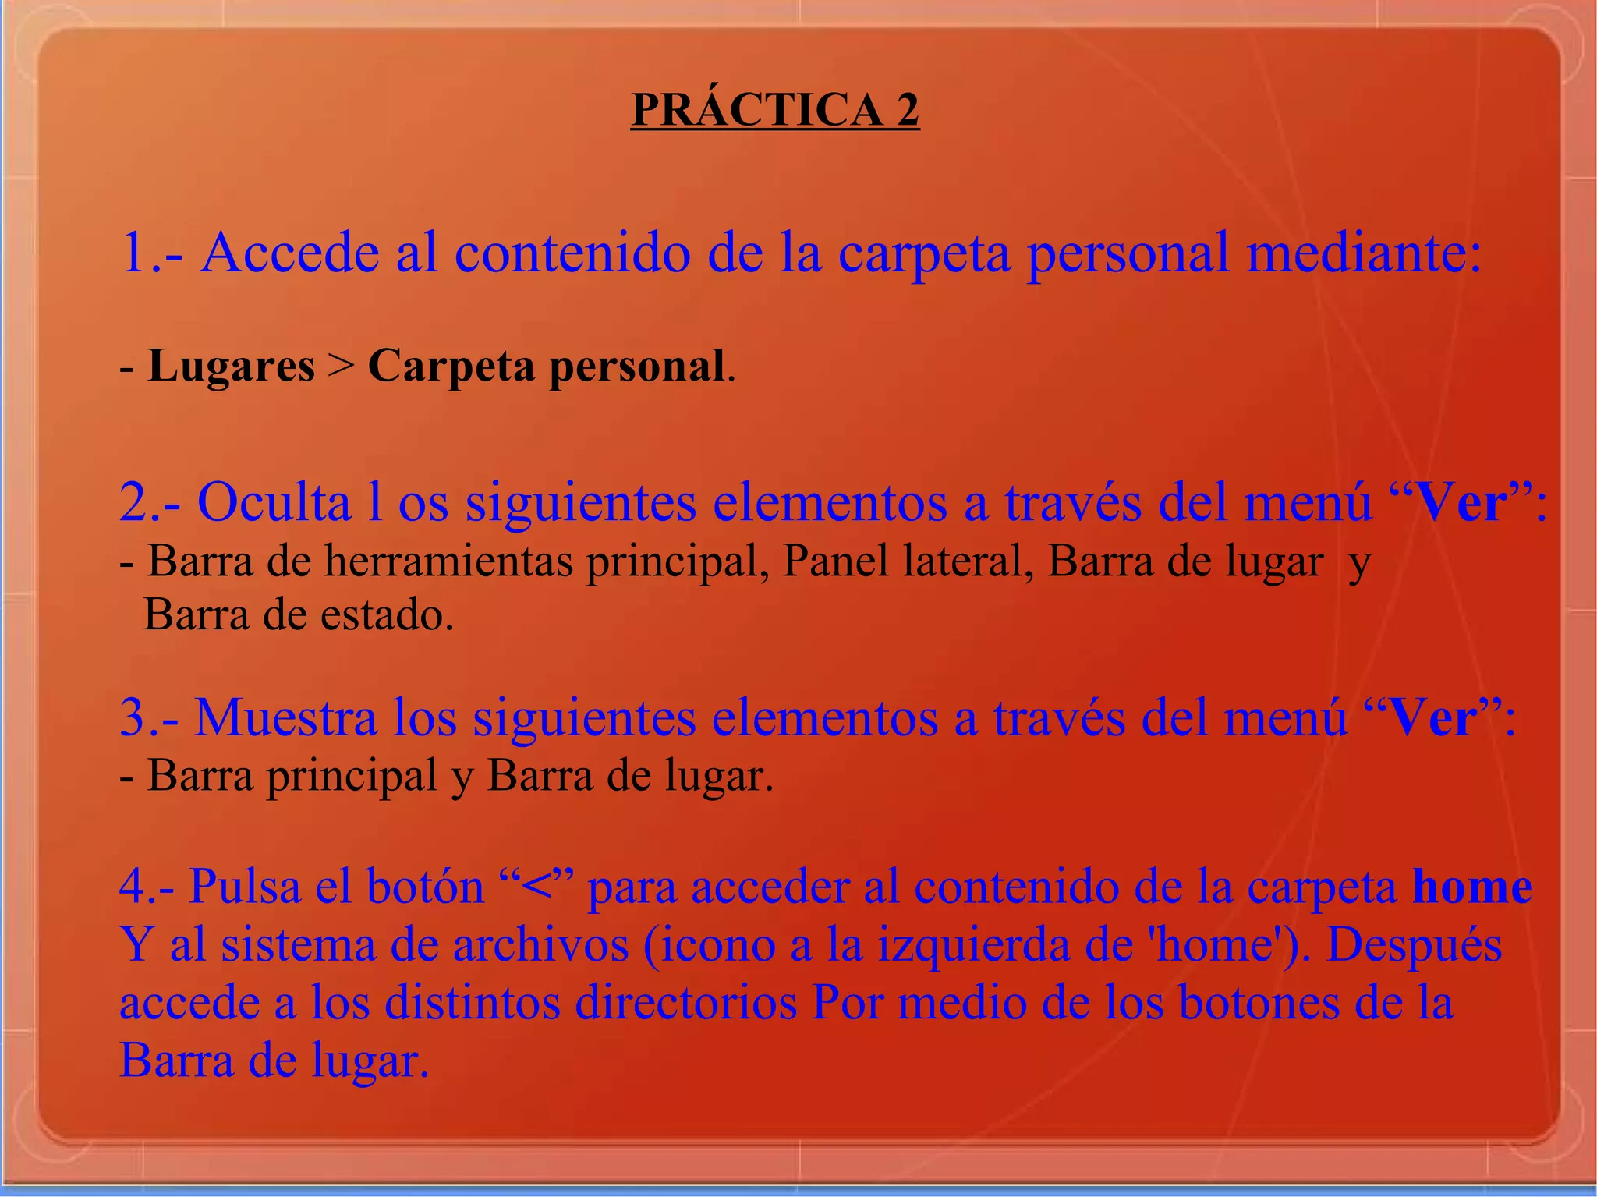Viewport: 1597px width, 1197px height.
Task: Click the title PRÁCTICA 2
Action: pyautogui.click(x=774, y=110)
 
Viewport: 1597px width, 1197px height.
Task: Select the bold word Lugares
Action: pyautogui.click(x=231, y=366)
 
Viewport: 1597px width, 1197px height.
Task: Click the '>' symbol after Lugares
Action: pyautogui.click(x=341, y=367)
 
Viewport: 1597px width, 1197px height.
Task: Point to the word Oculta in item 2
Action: pyautogui.click(x=274, y=502)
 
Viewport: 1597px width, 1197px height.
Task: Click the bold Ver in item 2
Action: pyautogui.click(x=1459, y=502)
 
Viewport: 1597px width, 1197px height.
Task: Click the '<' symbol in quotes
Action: pyautogui.click(x=536, y=887)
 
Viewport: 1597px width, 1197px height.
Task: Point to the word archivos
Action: pyautogui.click(x=540, y=945)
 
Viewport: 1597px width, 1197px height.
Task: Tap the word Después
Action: pyautogui.click(x=1414, y=945)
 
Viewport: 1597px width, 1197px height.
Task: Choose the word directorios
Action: pyautogui.click(x=685, y=1003)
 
